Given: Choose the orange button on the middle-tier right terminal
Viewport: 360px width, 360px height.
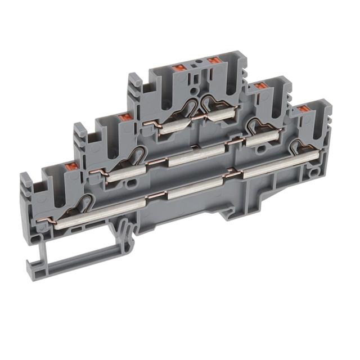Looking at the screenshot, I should click(x=259, y=86).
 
